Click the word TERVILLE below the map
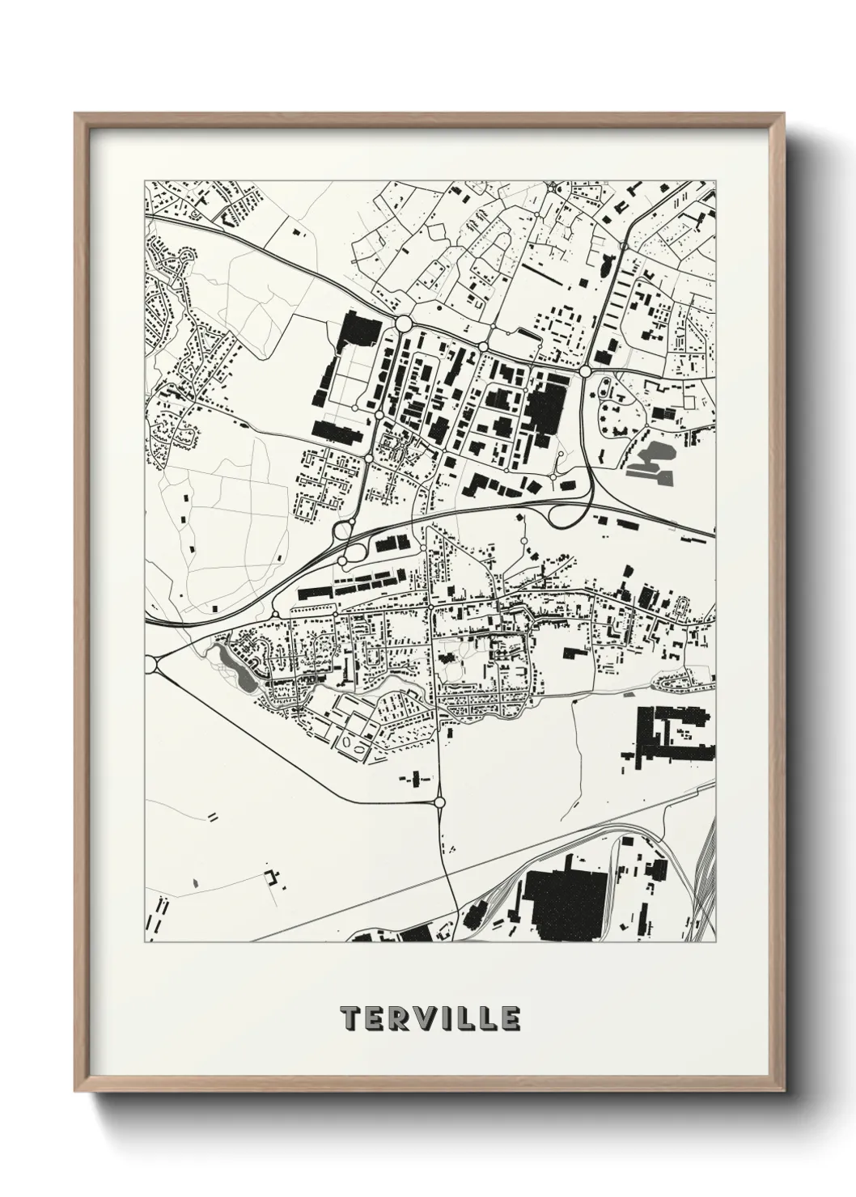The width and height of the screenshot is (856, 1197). [430, 1018]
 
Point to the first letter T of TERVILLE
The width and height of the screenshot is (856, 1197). [351, 1018]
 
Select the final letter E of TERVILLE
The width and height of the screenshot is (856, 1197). [509, 1018]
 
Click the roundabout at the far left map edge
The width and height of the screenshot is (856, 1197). [150, 664]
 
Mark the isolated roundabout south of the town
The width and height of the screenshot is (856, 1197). [439, 802]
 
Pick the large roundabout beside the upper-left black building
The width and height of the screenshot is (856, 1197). [402, 324]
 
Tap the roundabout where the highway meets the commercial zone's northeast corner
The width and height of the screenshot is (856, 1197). [585, 371]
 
